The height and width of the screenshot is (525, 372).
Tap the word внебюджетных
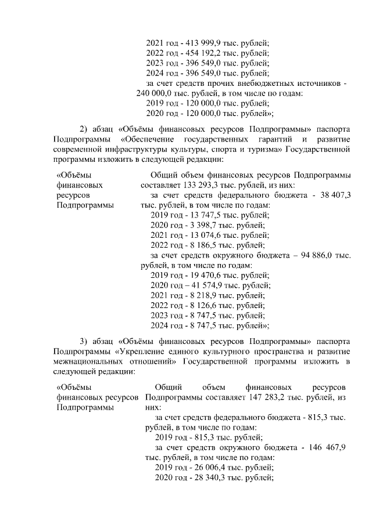click(253, 84)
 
